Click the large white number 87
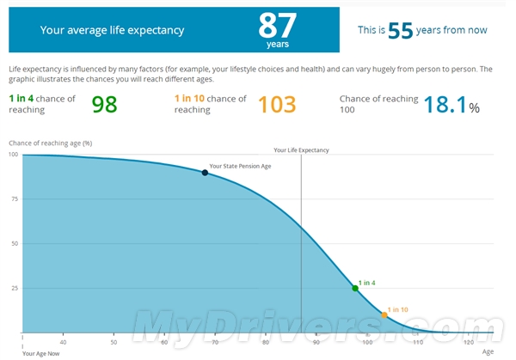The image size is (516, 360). click(279, 24)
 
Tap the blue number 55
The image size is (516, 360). click(401, 30)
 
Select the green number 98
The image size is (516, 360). click(104, 104)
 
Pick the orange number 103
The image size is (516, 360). click(276, 104)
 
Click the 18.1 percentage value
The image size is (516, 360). click(445, 104)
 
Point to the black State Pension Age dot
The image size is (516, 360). click(205, 173)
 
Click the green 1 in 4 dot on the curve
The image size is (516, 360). click(355, 288)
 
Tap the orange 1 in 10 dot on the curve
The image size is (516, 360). click(384, 315)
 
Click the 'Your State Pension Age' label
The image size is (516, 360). click(240, 166)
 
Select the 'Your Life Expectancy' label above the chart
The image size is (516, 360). click(301, 150)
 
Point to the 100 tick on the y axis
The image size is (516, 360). click(13, 155)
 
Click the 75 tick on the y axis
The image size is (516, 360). click(14, 199)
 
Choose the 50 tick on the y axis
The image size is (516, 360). click(14, 244)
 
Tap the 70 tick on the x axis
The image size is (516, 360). click(215, 341)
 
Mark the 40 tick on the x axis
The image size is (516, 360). click(63, 341)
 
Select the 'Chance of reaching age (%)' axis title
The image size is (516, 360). click(50, 143)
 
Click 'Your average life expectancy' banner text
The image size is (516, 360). click(112, 30)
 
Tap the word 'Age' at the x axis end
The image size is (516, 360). click(488, 351)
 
